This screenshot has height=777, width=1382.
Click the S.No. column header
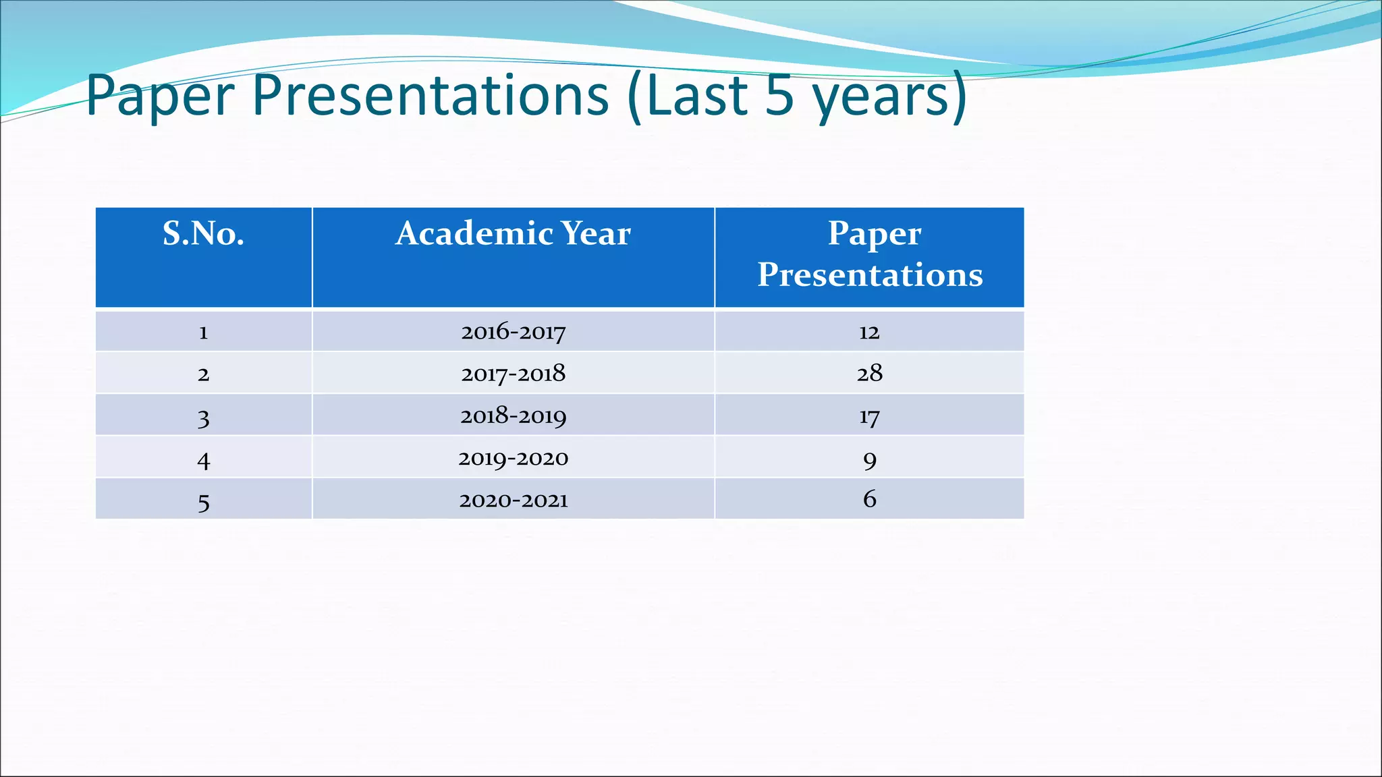pos(203,234)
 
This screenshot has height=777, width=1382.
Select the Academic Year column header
pos(513,234)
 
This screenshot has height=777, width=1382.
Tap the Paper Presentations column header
pos(870,254)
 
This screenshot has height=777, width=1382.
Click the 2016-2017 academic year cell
pos(513,332)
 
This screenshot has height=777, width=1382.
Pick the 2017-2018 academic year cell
pos(513,374)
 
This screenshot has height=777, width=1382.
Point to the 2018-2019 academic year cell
pos(513,416)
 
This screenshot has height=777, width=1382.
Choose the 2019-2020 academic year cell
pos(513,459)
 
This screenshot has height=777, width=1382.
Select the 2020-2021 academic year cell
pos(513,500)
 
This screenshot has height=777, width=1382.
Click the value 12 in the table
pos(869,332)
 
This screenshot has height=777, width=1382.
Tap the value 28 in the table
pos(869,373)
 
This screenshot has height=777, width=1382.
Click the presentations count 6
pos(870,499)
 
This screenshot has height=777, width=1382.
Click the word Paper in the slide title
pos(161,96)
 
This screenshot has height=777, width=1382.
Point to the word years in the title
pos(881,96)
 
